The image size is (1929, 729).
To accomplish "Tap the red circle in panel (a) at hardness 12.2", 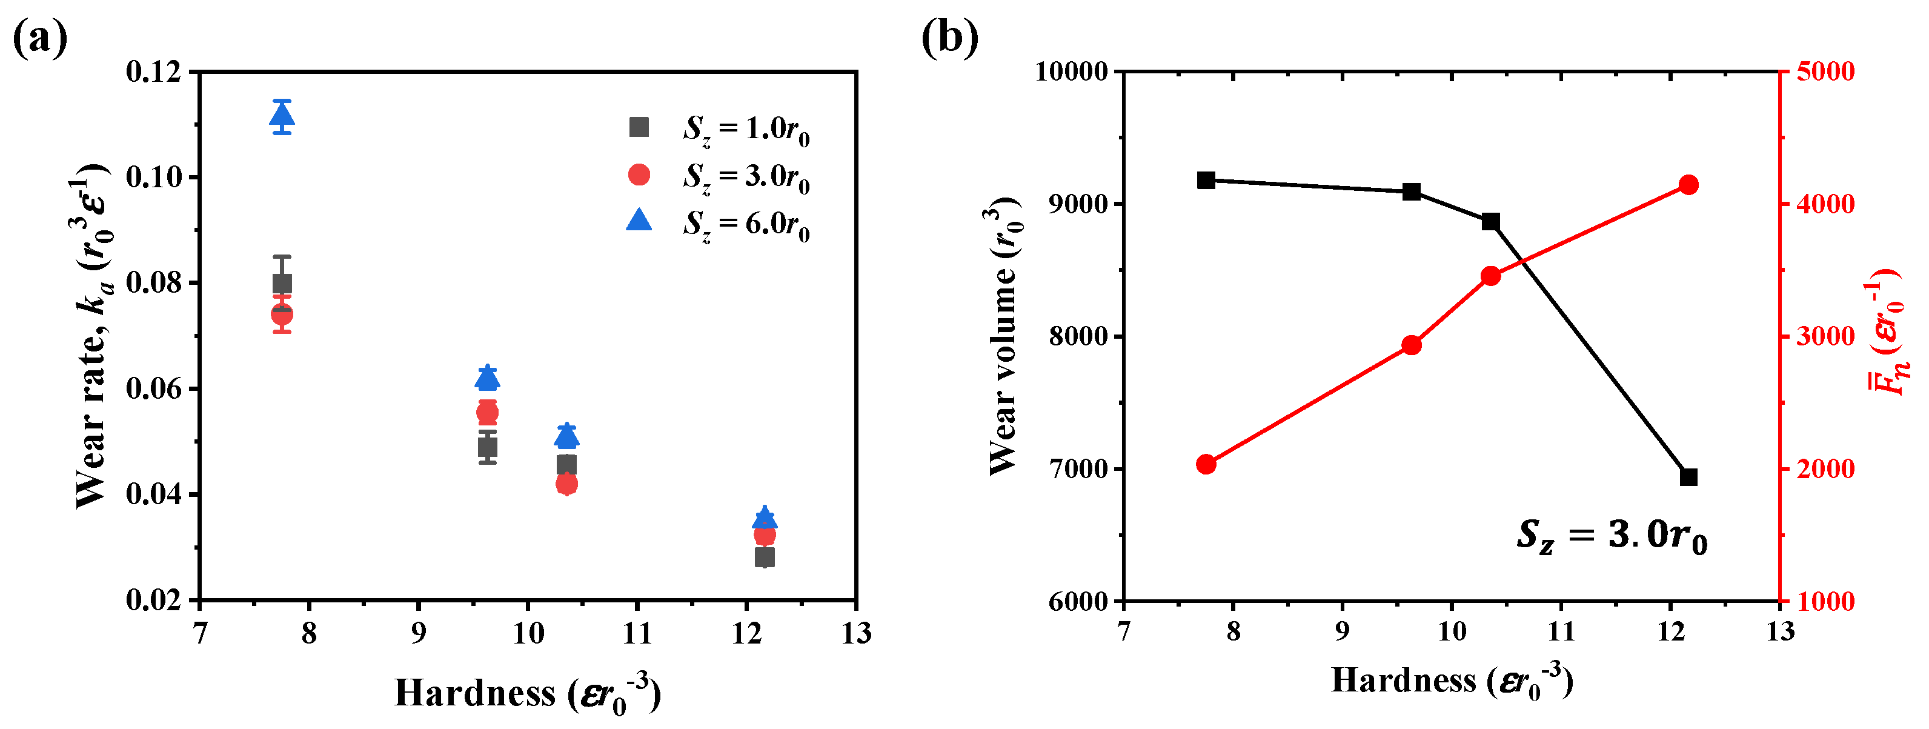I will (765, 535).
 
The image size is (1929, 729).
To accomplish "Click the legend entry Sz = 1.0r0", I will (745, 129).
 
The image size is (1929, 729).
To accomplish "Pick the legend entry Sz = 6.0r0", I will (745, 224).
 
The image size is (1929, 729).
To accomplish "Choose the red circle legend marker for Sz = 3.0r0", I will (639, 175).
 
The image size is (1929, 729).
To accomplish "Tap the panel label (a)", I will (41, 38).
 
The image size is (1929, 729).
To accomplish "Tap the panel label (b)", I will (949, 38).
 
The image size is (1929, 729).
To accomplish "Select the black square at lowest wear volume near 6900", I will (1688, 478).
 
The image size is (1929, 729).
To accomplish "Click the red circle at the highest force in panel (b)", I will (1688, 185).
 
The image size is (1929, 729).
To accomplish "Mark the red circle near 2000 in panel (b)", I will (1206, 465).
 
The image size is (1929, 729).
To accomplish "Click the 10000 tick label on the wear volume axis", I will (1071, 72).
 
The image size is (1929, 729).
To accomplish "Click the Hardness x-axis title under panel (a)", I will (528, 694).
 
